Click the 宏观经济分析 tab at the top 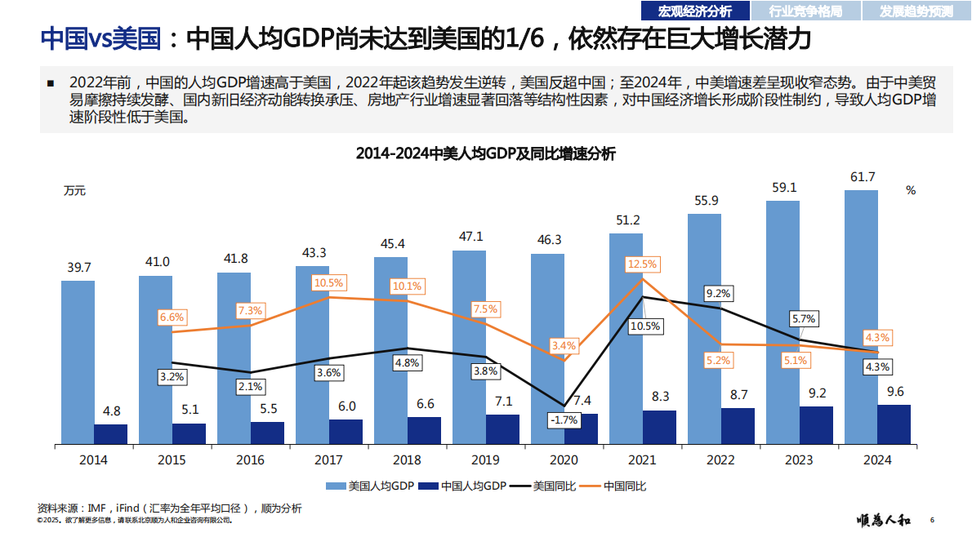pyautogui.click(x=694, y=11)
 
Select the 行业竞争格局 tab pyautogui.click(x=805, y=11)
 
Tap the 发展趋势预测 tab pyautogui.click(x=916, y=11)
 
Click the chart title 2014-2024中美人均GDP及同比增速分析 pyautogui.click(x=485, y=153)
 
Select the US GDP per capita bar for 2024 pyautogui.click(x=861, y=318)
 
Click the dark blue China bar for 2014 pyautogui.click(x=111, y=434)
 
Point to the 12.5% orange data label pyautogui.click(x=642, y=264)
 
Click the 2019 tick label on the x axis pyautogui.click(x=485, y=460)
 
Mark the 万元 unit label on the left pyautogui.click(x=74, y=191)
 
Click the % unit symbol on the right pyautogui.click(x=911, y=190)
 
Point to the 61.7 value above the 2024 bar pyautogui.click(x=863, y=177)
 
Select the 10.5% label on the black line pyautogui.click(x=645, y=326)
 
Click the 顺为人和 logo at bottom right pyautogui.click(x=885, y=520)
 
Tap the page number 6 pyautogui.click(x=933, y=520)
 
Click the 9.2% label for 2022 pyautogui.click(x=718, y=293)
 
